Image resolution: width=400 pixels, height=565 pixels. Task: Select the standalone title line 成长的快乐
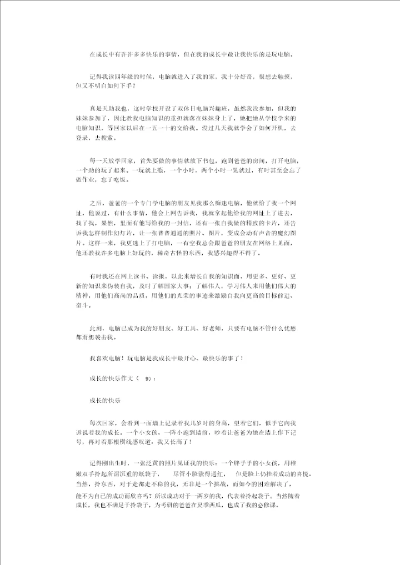click(106, 399)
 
